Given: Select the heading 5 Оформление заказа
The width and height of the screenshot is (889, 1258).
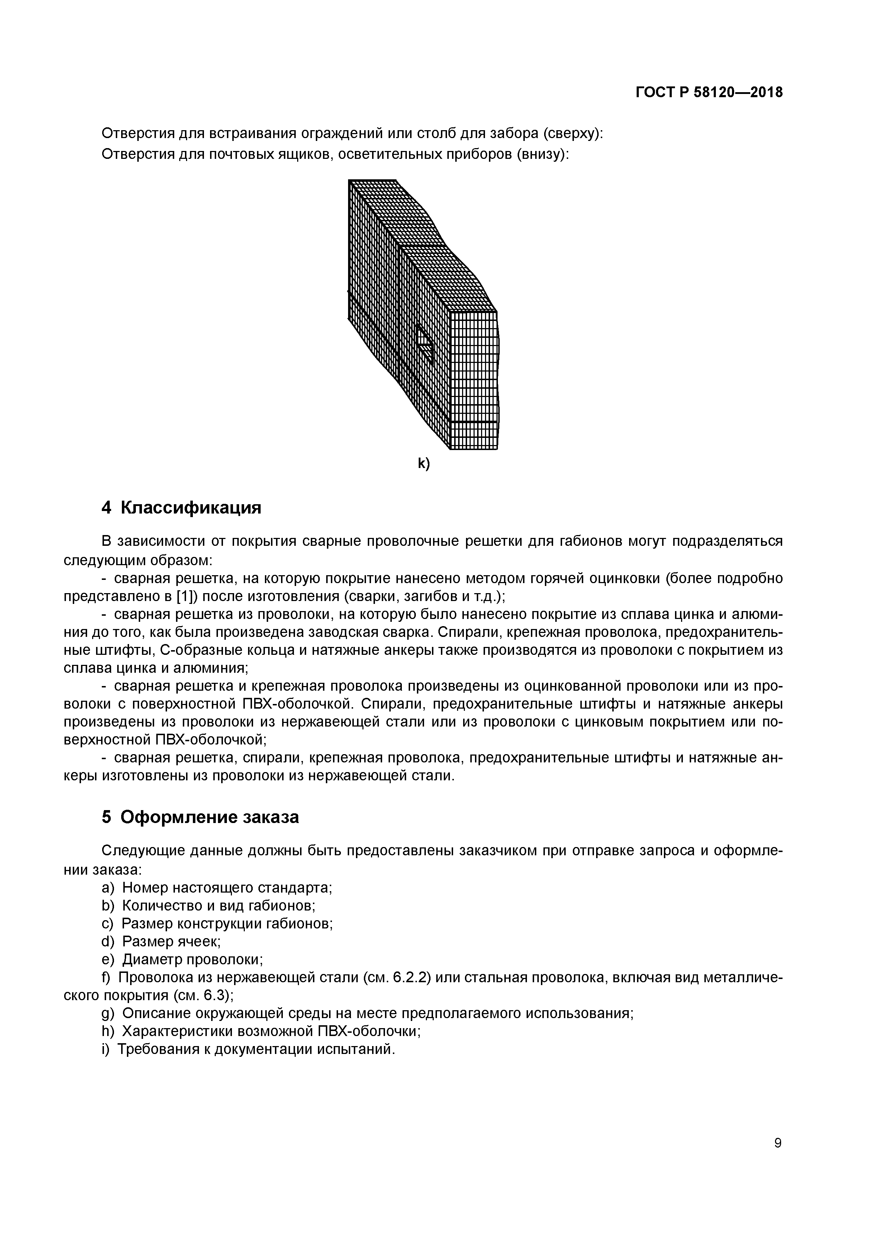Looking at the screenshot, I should [x=200, y=818].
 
